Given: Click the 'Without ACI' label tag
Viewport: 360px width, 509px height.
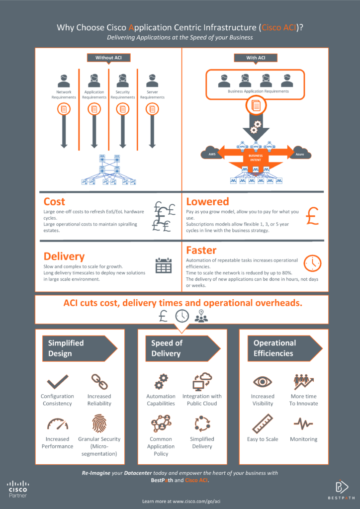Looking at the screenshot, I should (x=109, y=58).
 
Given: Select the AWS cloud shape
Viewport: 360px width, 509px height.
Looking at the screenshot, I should (x=211, y=153).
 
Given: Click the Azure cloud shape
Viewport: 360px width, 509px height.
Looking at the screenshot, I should (x=301, y=153).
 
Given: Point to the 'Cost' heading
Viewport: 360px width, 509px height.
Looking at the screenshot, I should (x=54, y=201).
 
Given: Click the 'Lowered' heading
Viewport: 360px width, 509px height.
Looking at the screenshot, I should (x=207, y=201).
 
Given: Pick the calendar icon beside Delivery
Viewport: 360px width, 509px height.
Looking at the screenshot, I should (x=164, y=265).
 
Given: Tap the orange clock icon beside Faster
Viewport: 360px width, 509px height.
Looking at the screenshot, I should (x=312, y=263).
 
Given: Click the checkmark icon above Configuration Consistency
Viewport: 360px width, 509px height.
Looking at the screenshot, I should (x=57, y=383).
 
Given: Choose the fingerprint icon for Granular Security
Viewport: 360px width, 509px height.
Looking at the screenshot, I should (x=99, y=424).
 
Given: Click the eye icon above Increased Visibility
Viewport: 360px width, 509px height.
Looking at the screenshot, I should (x=263, y=382).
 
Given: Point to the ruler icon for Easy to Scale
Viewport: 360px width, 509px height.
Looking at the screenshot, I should (x=262, y=424).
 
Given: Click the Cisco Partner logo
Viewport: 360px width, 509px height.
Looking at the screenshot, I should (x=17, y=489).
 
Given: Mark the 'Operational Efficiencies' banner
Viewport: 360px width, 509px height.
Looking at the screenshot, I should (x=280, y=348).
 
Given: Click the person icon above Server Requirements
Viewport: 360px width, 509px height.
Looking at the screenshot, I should (x=152, y=81).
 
